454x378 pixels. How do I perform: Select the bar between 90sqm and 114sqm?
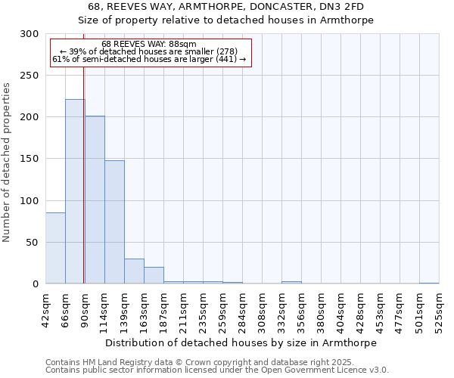point(95,200)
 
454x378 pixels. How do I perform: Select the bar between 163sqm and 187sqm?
point(154,275)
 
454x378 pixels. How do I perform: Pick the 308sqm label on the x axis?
point(262,310)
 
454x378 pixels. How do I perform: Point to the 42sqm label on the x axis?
point(45,310)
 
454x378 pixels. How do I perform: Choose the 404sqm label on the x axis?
point(340,310)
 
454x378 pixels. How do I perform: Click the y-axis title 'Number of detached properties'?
point(7,163)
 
